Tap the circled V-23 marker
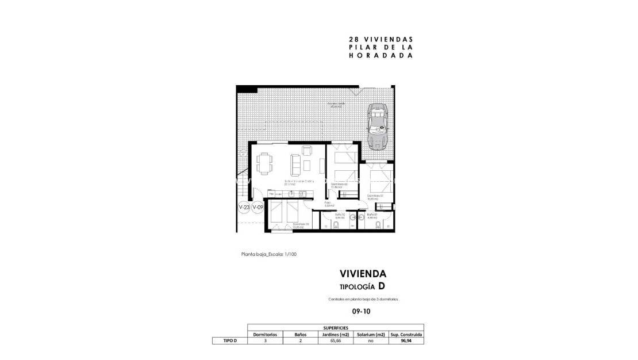[x=244, y=208]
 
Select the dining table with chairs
[x=264, y=163]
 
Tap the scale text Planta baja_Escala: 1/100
[x=269, y=254]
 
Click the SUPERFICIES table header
[x=336, y=328]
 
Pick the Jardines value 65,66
[x=336, y=341]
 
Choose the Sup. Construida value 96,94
[x=406, y=341]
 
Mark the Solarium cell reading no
[x=371, y=341]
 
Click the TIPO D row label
[x=230, y=341]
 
